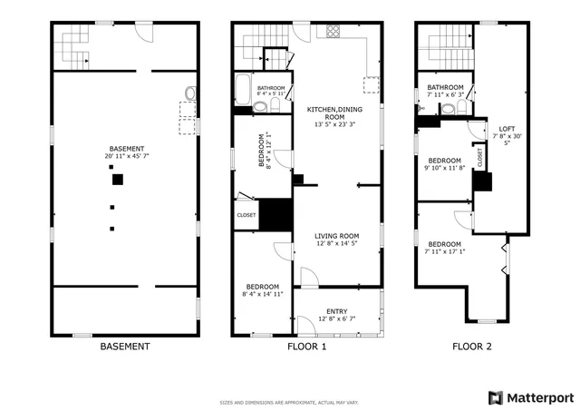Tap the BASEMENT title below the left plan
click(124, 347)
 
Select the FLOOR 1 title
click(306, 347)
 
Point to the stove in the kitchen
click(332, 31)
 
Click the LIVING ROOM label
click(337, 239)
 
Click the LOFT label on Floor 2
click(507, 129)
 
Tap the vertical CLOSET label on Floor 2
click(479, 155)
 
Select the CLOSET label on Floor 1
click(246, 215)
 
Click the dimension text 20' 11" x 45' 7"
click(125, 156)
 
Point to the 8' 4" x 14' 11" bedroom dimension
click(263, 294)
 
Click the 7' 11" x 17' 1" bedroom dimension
click(444, 253)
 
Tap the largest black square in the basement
click(117, 180)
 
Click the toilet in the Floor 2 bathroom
click(462, 107)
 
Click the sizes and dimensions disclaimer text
click(289, 402)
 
